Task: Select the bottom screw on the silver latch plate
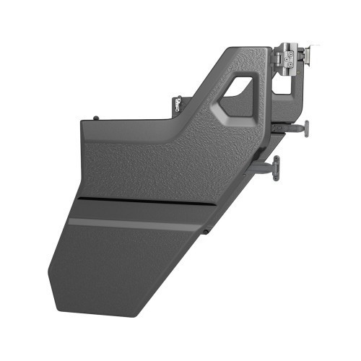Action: pyautogui.click(x=288, y=71)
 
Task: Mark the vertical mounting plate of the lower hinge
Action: pyautogui.click(x=277, y=168)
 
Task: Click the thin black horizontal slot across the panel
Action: pyautogui.click(x=144, y=200)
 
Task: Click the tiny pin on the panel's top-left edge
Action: pyautogui.click(x=96, y=117)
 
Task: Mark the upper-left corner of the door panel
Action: pyautogui.click(x=84, y=123)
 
